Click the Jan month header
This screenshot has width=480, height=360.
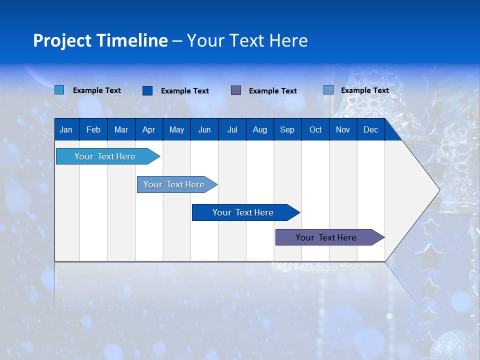(66, 129)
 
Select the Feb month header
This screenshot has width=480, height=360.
(93, 129)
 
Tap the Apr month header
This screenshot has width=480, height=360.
(148, 129)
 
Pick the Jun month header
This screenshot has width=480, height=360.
(204, 129)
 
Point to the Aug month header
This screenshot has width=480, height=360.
(260, 129)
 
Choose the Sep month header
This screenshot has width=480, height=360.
(287, 129)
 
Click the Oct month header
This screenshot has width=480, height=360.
(315, 129)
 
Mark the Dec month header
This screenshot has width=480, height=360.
(371, 129)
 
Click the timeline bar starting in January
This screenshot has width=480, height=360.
(105, 156)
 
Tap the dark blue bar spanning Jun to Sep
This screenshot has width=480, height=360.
(243, 212)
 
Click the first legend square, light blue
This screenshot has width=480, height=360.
(59, 90)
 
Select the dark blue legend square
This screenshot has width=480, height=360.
(147, 90)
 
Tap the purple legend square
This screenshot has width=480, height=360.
(236, 90)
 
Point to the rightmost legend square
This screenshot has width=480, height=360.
(328, 90)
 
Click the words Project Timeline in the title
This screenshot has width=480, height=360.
(100, 40)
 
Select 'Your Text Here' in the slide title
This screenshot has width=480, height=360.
(247, 40)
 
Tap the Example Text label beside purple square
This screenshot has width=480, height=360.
(273, 90)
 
